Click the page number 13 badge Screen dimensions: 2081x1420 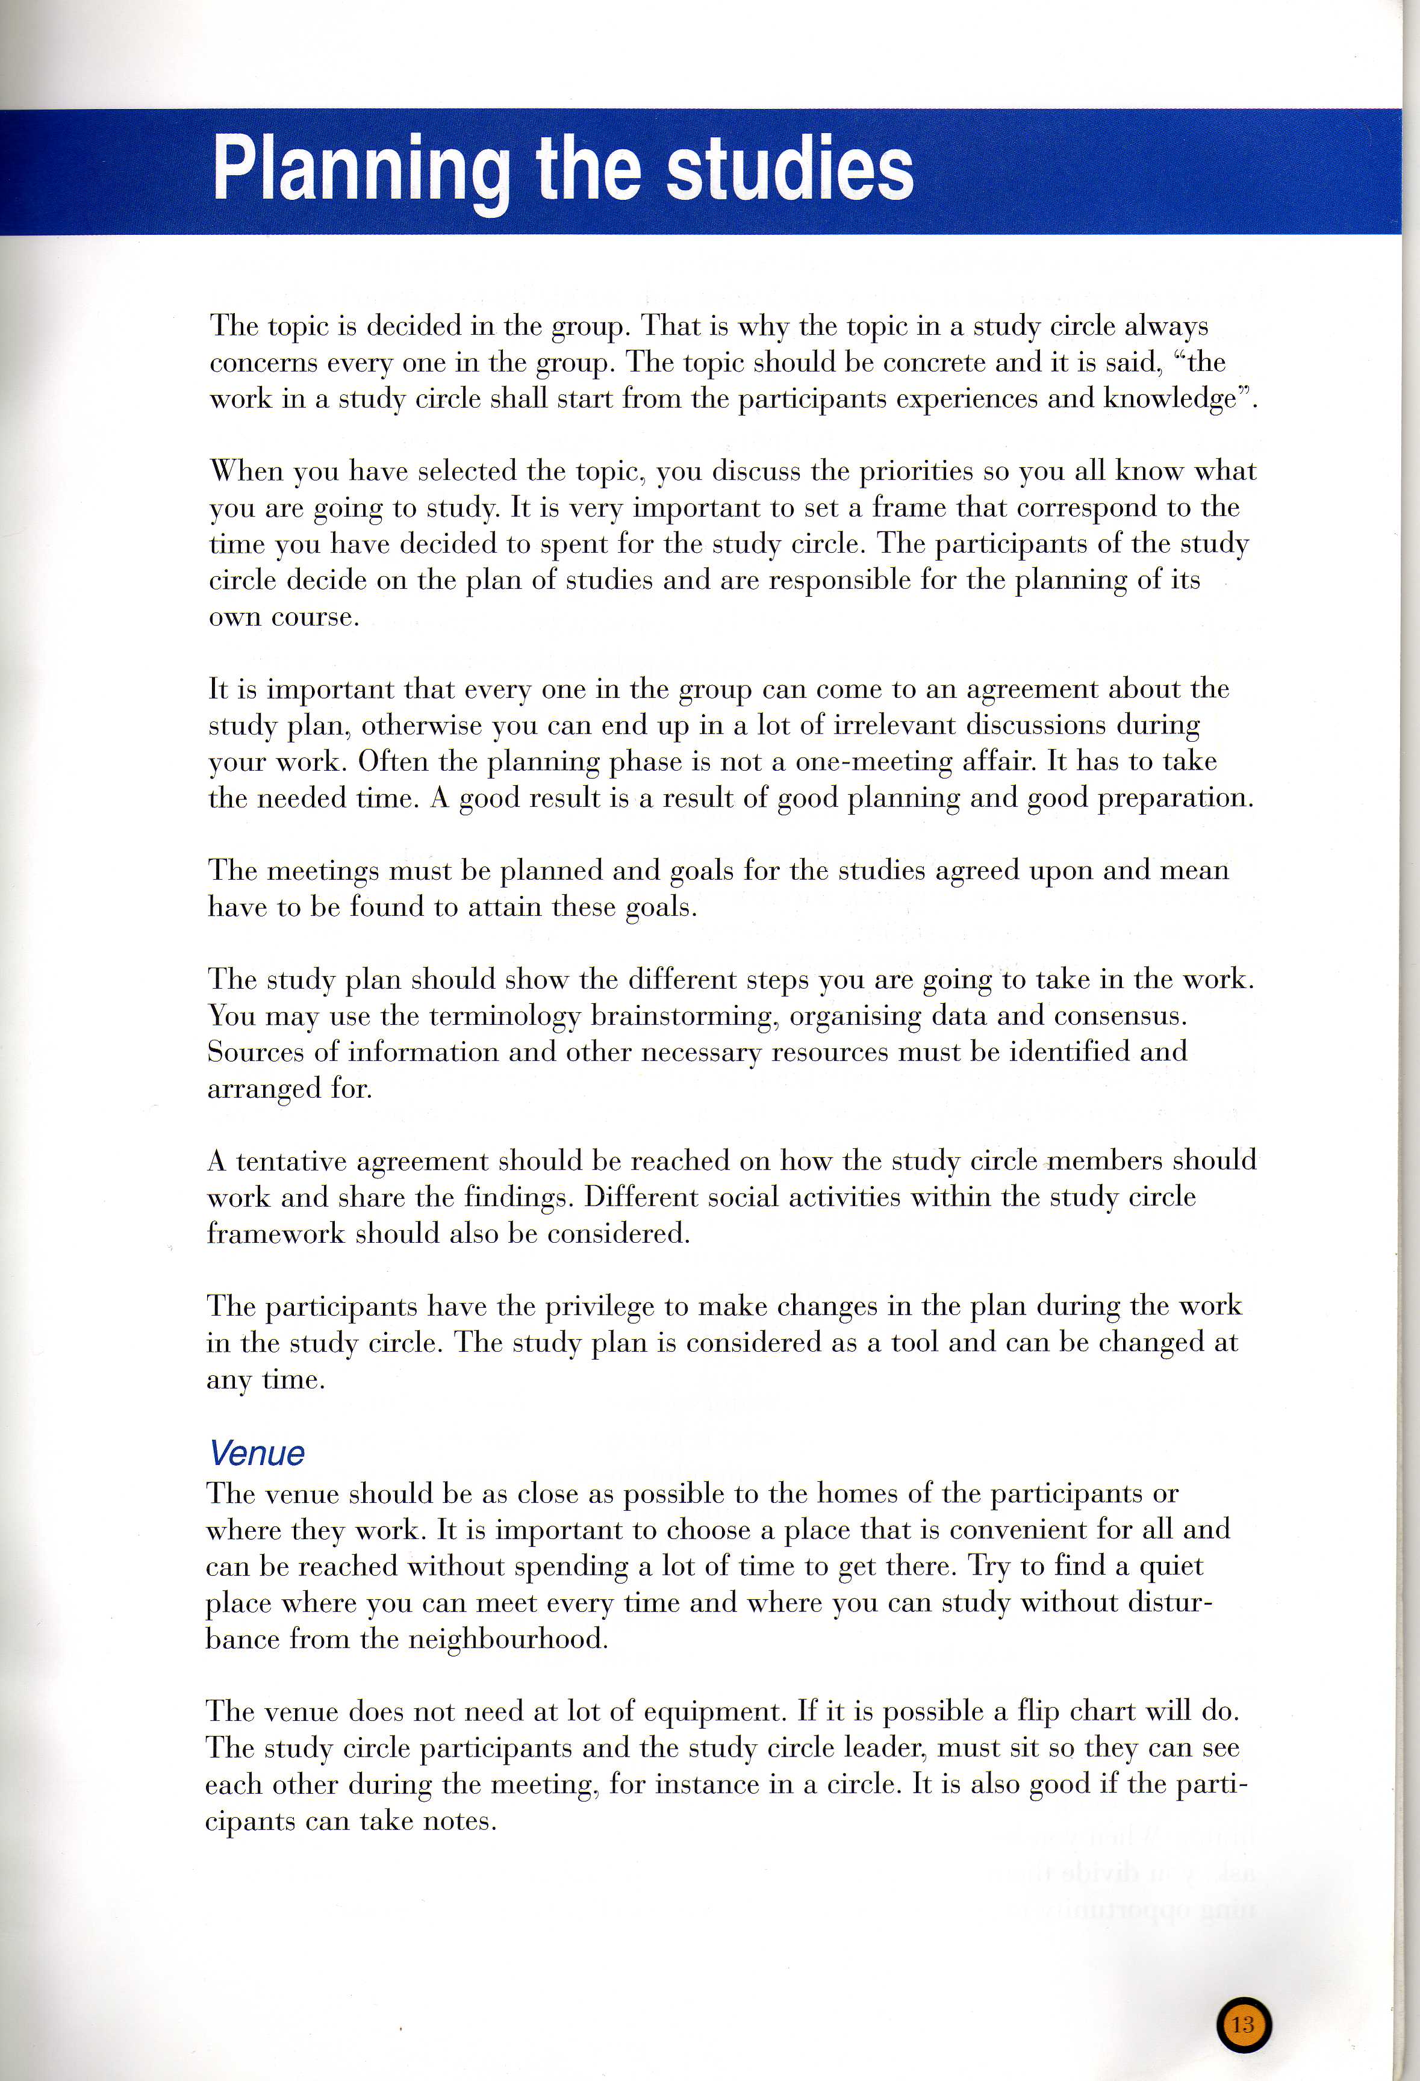(x=1244, y=2024)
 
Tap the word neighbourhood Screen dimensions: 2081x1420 (x=508, y=1638)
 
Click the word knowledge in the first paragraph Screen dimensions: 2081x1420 (x=1168, y=399)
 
